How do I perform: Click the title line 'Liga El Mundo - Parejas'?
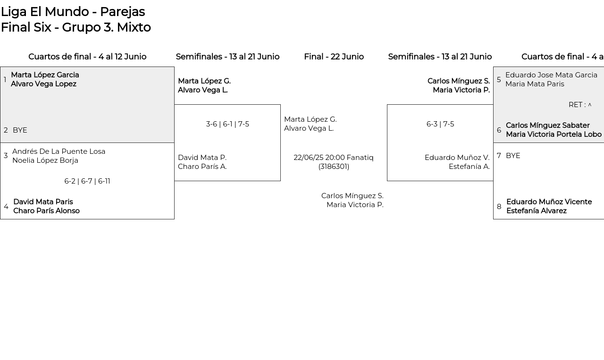(73, 12)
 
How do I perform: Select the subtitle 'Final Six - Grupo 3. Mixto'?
(76, 27)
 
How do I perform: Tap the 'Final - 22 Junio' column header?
(334, 57)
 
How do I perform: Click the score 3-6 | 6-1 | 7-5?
(227, 124)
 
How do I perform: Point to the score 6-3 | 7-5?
(440, 124)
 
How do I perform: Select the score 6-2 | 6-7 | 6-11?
(87, 181)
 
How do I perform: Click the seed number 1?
(5, 80)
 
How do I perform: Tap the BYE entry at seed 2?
(20, 130)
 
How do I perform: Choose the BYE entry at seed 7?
(513, 156)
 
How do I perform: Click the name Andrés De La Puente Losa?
(59, 151)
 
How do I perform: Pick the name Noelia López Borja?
(45, 160)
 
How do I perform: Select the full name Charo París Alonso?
(46, 211)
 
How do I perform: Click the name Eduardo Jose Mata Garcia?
(552, 75)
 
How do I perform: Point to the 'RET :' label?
(577, 105)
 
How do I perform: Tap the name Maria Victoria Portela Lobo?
(554, 134)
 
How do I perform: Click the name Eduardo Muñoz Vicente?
(549, 202)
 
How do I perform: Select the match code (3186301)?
(334, 167)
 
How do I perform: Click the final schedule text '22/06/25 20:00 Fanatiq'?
(334, 158)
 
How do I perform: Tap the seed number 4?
(6, 207)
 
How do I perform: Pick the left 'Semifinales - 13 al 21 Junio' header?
(227, 57)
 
